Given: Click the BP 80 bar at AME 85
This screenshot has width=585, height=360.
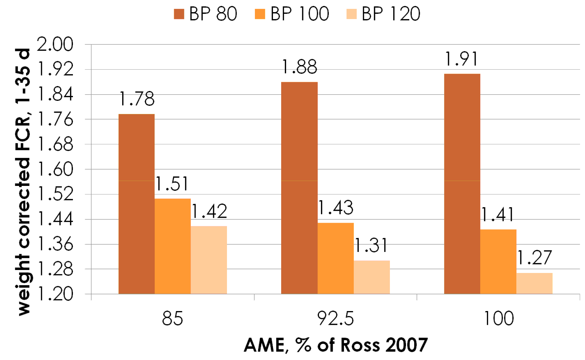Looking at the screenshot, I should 136,204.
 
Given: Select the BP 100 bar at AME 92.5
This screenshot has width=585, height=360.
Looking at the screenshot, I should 335,258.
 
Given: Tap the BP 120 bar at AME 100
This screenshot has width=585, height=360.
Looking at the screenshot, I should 534,283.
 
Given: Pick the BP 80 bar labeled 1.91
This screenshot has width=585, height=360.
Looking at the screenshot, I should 462,184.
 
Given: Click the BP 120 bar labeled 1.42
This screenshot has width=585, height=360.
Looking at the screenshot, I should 209,260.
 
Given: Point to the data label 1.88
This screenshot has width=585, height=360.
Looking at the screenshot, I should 300,67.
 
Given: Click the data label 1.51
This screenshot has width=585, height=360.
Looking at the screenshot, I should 172,184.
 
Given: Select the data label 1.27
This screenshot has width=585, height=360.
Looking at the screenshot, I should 534,258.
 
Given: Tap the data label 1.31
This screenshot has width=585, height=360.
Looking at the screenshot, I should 371,246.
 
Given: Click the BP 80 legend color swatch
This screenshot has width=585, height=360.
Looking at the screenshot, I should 179,14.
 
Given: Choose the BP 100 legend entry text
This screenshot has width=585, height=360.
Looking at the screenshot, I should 299,14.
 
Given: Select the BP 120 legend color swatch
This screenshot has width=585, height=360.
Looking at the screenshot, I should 351,14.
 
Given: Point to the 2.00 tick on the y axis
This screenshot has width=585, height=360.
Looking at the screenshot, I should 55,44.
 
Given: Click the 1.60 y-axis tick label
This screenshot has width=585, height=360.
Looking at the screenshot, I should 55,169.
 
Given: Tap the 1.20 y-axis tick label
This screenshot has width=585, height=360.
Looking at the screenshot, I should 55,294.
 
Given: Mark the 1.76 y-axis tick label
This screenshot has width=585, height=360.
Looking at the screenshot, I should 55,119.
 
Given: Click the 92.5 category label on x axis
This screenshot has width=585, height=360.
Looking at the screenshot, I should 335,319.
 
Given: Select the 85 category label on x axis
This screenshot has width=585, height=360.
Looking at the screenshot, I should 172,319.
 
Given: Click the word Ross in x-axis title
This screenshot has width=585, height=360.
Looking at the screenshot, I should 360,345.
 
